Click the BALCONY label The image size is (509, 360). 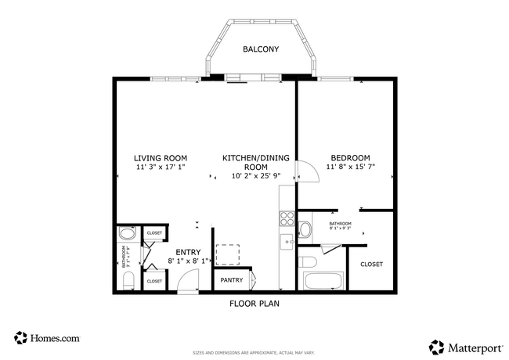[261, 49]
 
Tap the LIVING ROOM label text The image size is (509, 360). [160, 158]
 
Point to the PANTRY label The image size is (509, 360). [231, 280]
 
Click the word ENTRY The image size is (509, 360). [188, 252]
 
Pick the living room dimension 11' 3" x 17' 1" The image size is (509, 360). [160, 167]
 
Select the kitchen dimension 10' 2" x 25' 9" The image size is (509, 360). [255, 176]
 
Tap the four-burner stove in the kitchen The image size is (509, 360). [287, 218]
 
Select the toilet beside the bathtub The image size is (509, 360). [308, 261]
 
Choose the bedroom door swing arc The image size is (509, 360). [308, 171]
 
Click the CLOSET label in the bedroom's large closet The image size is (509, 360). [372, 265]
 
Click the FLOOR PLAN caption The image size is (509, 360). [254, 304]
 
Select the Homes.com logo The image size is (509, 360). [47, 338]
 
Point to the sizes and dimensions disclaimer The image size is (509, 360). [254, 353]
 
